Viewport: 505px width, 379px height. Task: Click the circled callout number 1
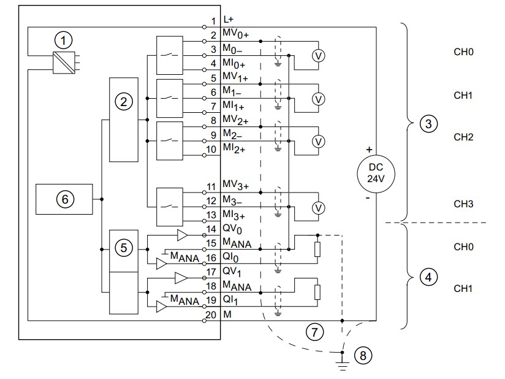[x=63, y=40]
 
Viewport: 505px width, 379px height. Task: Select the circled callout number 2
[x=124, y=102]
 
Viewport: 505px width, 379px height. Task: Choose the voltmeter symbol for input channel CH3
[x=317, y=208]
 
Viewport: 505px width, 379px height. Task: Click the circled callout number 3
[x=427, y=124]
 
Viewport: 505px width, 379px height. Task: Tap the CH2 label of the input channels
[x=463, y=137]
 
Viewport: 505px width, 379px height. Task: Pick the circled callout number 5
[x=124, y=248]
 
